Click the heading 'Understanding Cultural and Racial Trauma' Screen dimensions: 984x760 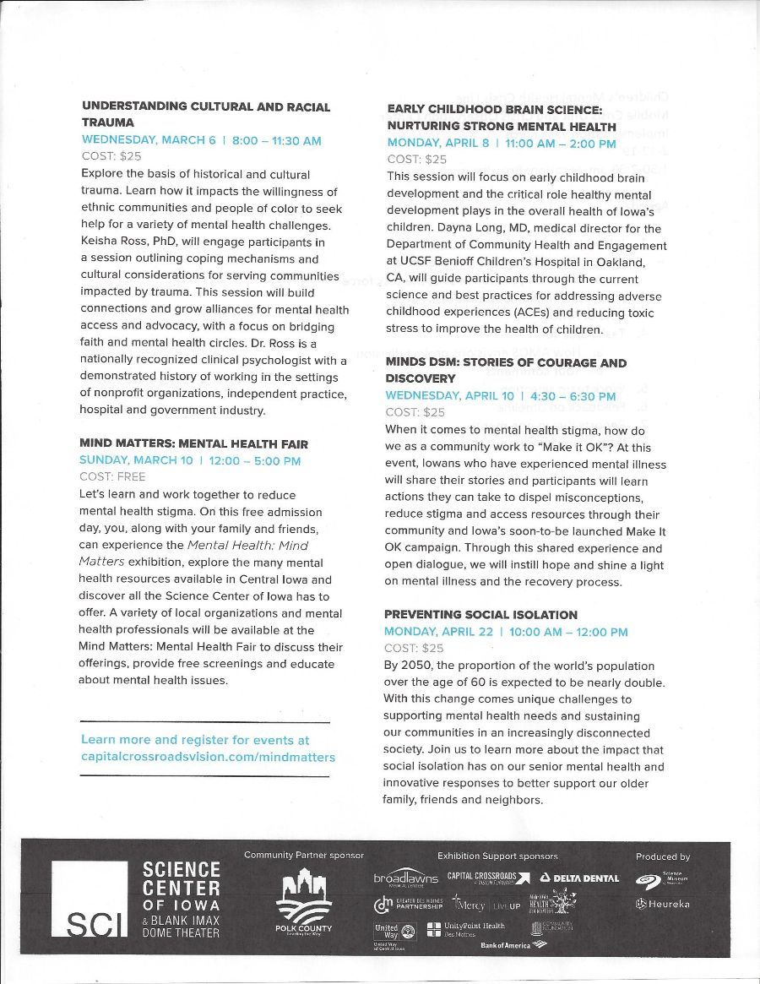[205, 114]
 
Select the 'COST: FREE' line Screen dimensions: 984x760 [112, 477]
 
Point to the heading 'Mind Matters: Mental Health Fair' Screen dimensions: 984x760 [193, 443]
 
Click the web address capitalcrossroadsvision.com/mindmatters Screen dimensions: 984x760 [208, 757]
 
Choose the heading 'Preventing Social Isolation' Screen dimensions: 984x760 [480, 614]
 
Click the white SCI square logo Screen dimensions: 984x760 [90, 899]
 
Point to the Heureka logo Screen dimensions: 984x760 [663, 904]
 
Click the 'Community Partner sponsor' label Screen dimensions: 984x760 [304, 856]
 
